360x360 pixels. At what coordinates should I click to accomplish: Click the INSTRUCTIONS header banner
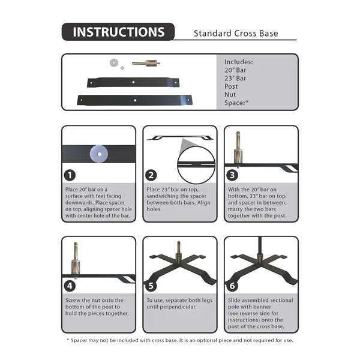(x=118, y=32)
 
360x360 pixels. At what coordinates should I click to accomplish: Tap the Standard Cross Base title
(x=236, y=33)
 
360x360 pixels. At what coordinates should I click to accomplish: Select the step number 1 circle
(x=71, y=176)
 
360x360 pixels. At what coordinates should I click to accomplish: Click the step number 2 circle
(x=151, y=176)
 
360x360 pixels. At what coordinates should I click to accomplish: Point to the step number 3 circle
(x=232, y=176)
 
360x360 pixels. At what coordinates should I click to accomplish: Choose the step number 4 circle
(x=71, y=286)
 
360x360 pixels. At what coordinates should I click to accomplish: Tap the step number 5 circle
(x=151, y=286)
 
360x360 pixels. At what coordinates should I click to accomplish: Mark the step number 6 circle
(x=232, y=286)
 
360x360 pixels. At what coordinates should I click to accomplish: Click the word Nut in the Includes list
(x=230, y=94)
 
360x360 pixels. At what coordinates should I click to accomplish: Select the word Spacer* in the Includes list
(x=236, y=103)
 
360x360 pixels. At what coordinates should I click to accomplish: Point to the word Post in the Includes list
(x=231, y=86)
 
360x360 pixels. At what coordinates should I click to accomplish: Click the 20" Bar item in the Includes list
(x=236, y=70)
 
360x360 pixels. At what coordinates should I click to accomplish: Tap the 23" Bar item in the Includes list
(x=236, y=78)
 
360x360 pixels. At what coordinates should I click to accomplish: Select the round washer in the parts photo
(x=113, y=62)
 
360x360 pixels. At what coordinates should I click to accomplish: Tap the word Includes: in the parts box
(x=238, y=61)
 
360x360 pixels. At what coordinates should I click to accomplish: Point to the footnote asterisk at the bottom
(x=67, y=341)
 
